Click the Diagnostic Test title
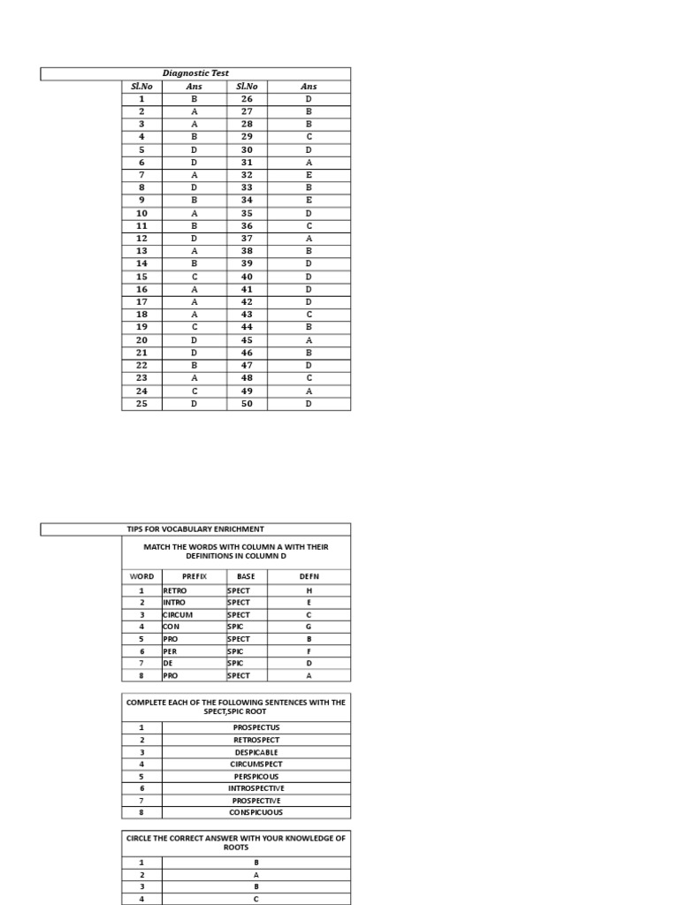(x=195, y=73)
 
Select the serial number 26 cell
(x=247, y=99)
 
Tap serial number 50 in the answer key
(x=247, y=404)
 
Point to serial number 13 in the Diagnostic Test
(x=141, y=251)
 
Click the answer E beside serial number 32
(x=309, y=175)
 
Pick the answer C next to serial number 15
(x=195, y=277)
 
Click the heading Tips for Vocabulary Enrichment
(x=195, y=529)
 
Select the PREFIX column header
(x=194, y=575)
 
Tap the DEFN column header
(x=309, y=575)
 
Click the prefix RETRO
(x=175, y=589)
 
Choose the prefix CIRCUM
(x=178, y=614)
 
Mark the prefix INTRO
(x=175, y=602)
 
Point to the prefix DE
(x=168, y=663)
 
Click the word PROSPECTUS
(x=256, y=727)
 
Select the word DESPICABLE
(x=256, y=752)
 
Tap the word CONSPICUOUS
(x=256, y=812)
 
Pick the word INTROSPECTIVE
(x=256, y=787)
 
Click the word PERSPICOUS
(x=256, y=776)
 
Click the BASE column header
(x=246, y=575)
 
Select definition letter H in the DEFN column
(x=309, y=589)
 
